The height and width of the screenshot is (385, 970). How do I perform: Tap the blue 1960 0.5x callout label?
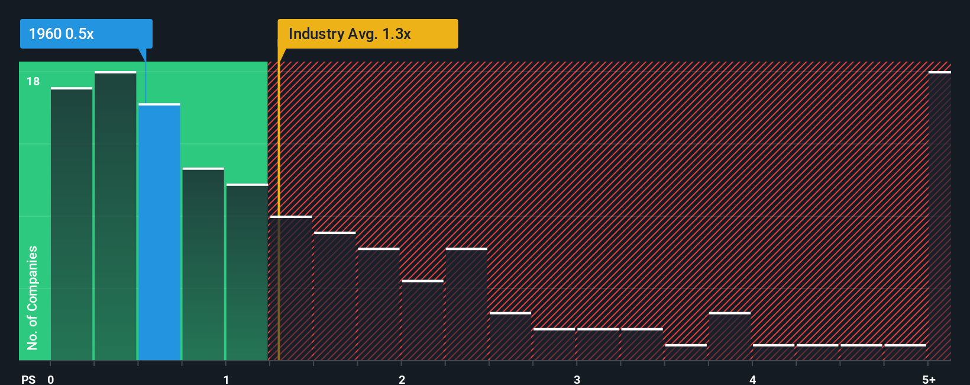pos(86,34)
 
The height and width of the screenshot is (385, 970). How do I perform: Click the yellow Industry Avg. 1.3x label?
pos(367,34)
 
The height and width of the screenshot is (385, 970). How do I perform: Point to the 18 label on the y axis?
pos(33,81)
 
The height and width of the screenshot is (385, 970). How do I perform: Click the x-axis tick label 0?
pos(51,380)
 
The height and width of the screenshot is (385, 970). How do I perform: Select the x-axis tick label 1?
pos(226,380)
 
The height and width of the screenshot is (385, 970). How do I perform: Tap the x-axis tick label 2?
pos(402,380)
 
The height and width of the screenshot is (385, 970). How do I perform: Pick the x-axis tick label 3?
pos(577,380)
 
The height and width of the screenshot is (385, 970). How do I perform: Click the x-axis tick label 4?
pos(752,380)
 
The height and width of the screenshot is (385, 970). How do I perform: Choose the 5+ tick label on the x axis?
pos(929,380)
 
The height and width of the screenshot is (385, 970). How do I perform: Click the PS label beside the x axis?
pos(28,380)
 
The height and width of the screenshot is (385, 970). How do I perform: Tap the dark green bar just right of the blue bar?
pos(203,264)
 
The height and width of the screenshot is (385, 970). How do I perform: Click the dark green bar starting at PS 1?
pos(247,272)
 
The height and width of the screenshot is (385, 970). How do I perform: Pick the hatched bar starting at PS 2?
pos(422,320)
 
